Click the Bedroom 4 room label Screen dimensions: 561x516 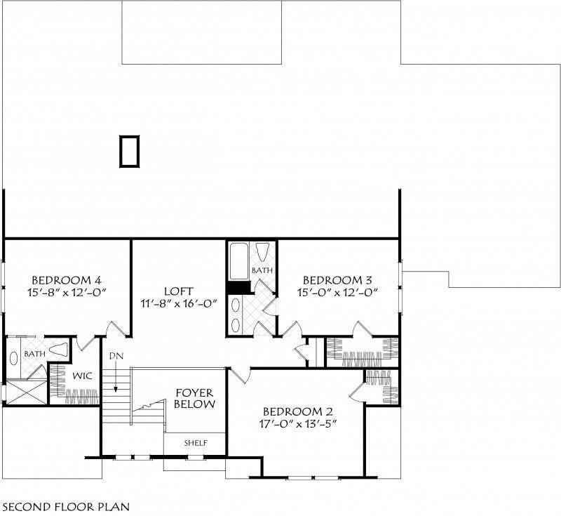point(67,279)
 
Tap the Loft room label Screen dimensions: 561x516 point(179,291)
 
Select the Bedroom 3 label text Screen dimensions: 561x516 point(337,279)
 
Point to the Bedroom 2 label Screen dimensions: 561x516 point(298,411)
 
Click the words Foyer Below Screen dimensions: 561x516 point(195,399)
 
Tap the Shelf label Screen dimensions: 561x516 point(196,443)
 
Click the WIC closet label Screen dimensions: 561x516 point(82,376)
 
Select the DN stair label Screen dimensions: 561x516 point(116,356)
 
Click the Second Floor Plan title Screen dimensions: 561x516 point(67,507)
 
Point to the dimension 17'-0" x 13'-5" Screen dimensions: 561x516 point(299,424)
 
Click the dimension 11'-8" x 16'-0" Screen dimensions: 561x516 point(179,304)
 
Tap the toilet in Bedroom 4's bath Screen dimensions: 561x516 point(58,350)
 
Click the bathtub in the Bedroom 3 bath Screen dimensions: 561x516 point(238,261)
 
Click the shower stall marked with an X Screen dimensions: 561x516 point(27,393)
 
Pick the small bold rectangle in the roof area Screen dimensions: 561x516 point(129,151)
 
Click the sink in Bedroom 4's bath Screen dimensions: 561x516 point(14,359)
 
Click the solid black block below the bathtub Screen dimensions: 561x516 point(239,288)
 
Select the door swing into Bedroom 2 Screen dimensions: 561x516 point(239,375)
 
